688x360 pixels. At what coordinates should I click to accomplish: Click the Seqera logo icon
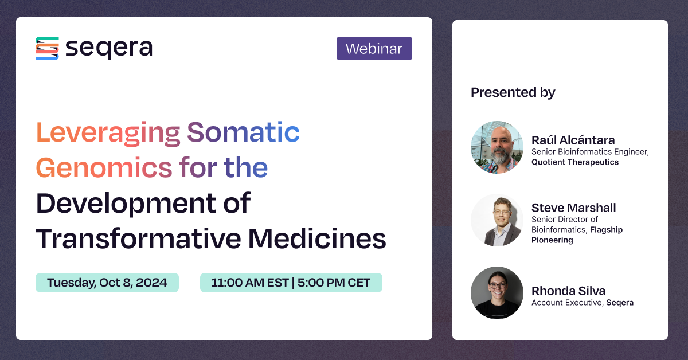pos(47,49)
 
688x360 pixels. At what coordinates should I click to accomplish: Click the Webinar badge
pos(374,49)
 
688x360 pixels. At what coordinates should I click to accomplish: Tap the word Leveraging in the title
pos(108,134)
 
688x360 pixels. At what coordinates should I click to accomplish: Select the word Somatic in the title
pos(244,134)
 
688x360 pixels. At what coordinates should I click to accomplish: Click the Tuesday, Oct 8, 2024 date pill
pos(107,283)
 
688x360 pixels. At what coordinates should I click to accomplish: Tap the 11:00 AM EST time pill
pos(291,283)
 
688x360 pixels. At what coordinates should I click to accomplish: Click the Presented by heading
pos(513,92)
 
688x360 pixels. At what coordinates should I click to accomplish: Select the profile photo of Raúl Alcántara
pos(497,147)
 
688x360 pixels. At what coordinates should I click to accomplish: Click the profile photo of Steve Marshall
pos(497,220)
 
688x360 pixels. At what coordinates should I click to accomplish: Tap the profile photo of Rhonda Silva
pos(497,293)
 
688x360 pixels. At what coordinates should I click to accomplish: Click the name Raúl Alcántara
pos(573,140)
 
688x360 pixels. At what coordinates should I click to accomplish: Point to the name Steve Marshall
pos(573,208)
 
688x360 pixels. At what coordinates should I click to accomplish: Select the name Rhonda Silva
pos(569,291)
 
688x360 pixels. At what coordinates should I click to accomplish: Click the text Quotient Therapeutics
pos(575,162)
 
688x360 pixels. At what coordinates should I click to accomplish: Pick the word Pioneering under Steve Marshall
pos(552,240)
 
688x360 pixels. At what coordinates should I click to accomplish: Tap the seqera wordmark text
pos(109,49)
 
